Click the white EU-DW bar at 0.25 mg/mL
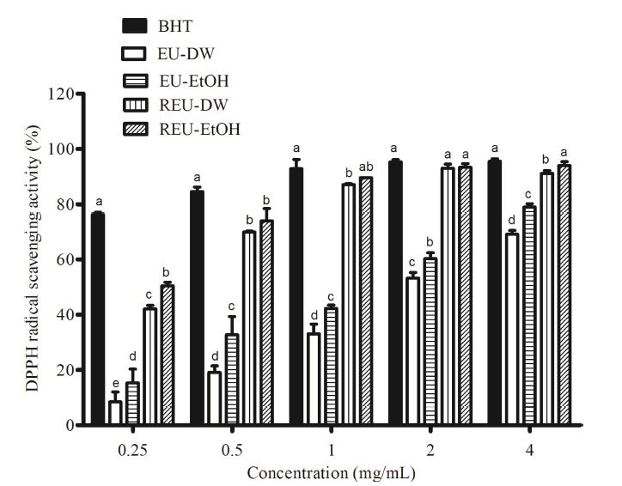pyautogui.click(x=114, y=413)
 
